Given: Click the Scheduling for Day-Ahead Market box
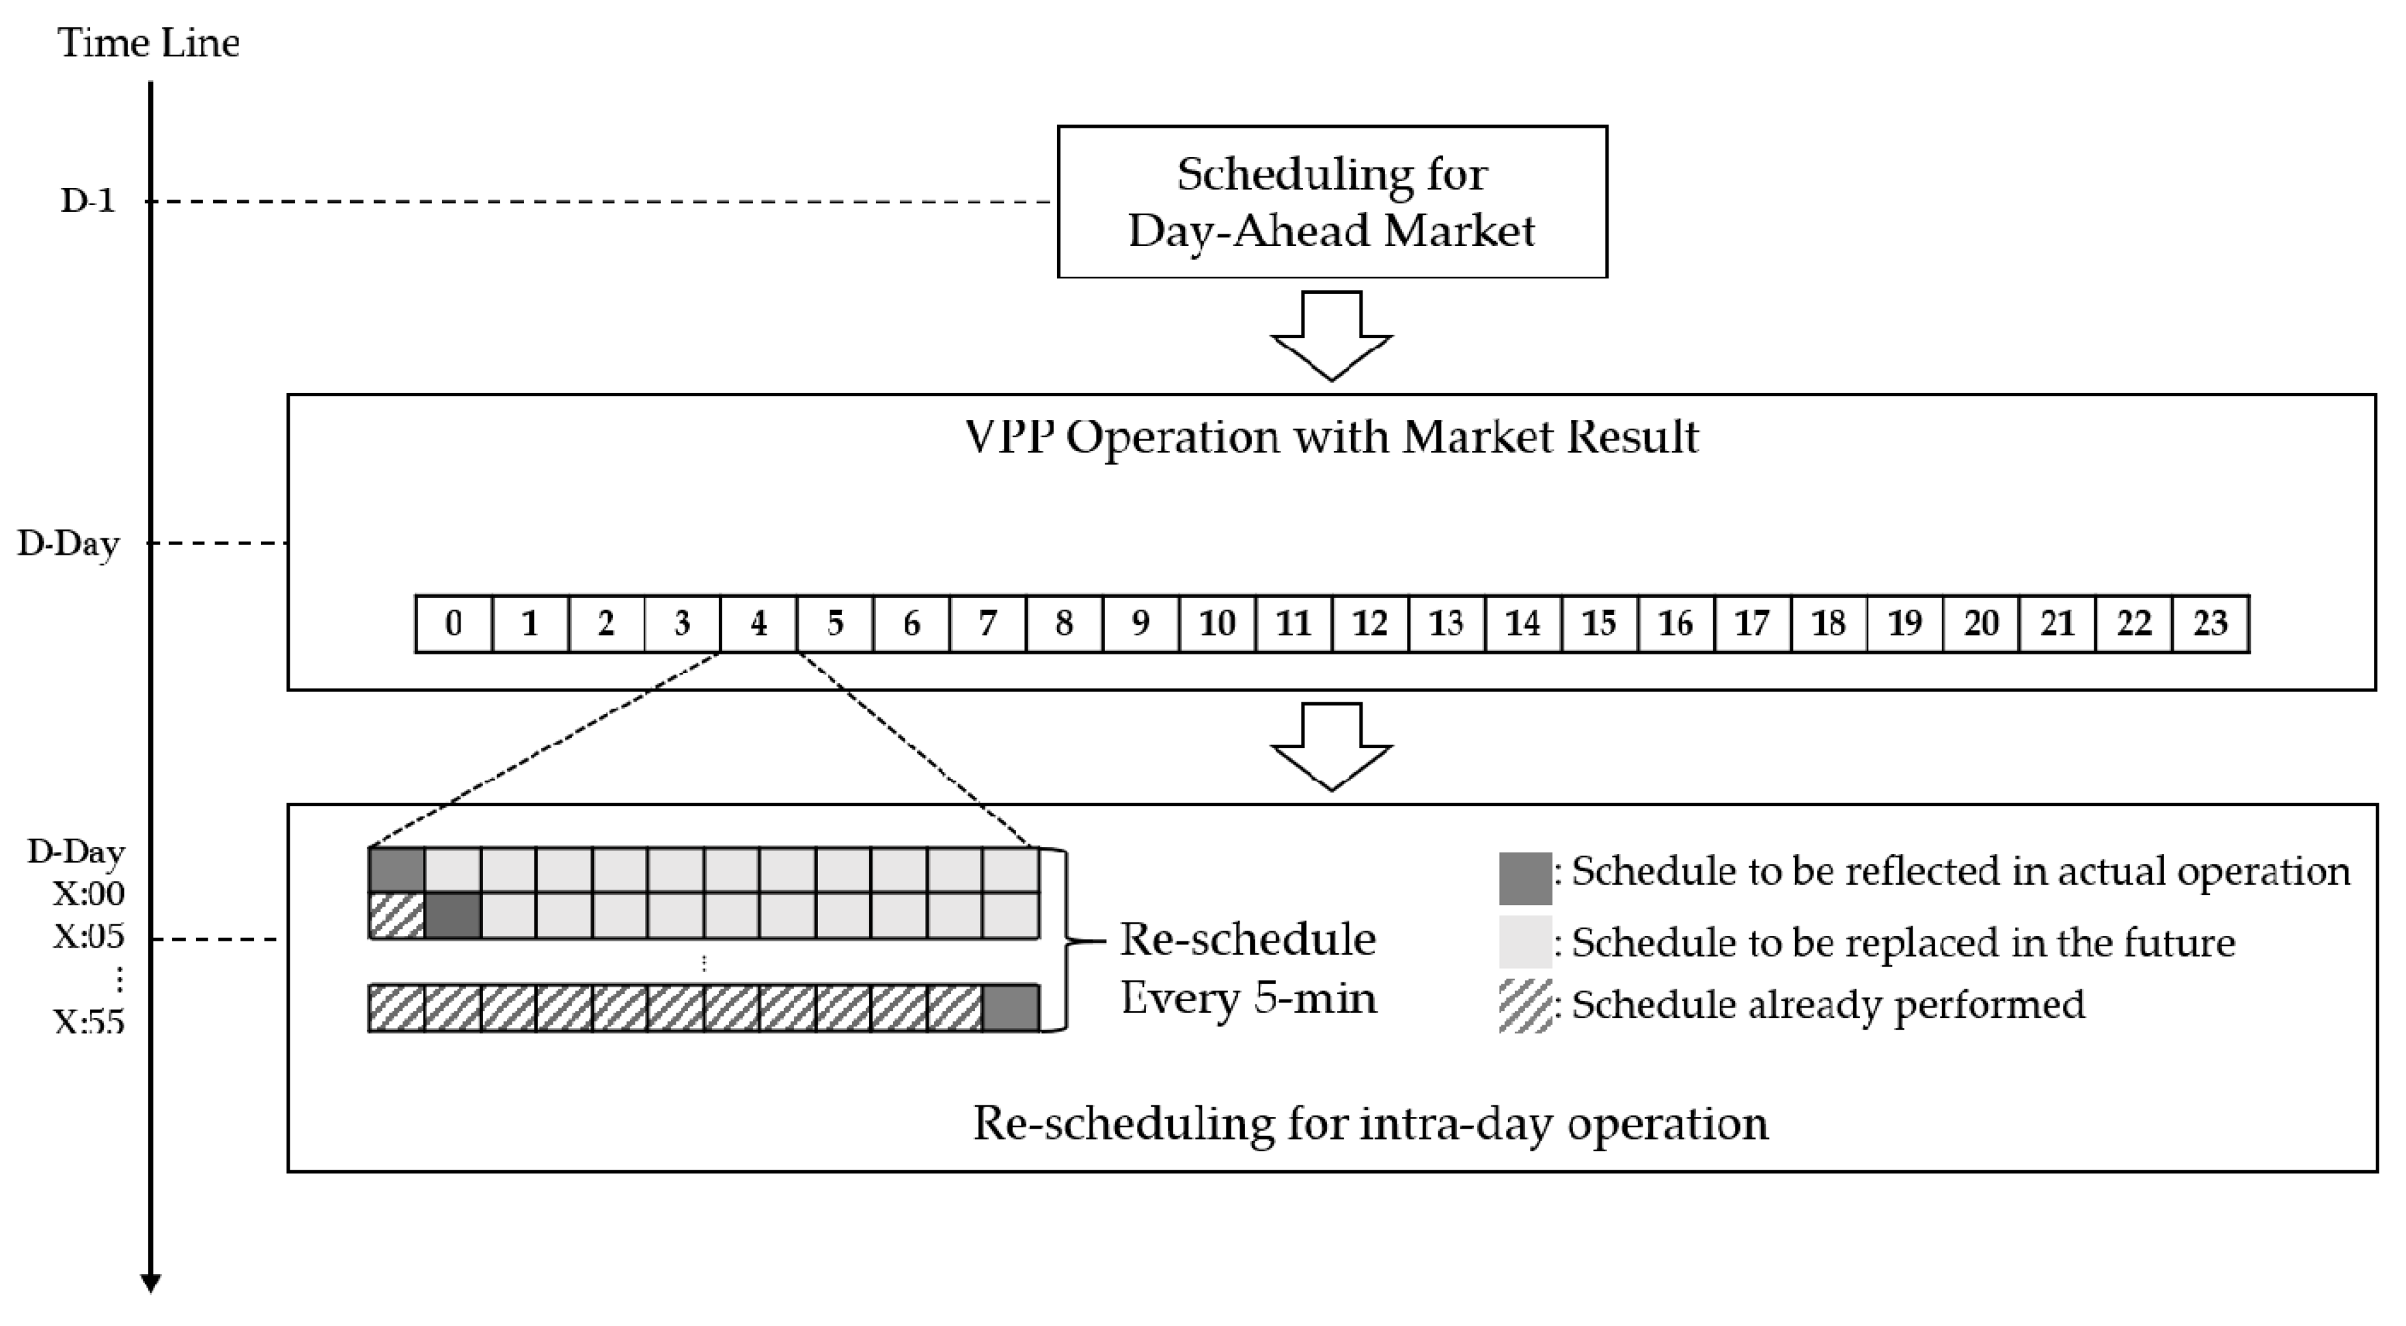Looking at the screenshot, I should pyautogui.click(x=1331, y=202).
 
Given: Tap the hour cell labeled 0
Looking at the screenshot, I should pyautogui.click(x=453, y=623).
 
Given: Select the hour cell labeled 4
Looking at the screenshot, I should pyautogui.click(x=758, y=623).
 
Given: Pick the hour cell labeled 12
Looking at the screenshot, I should pyautogui.click(x=1369, y=623).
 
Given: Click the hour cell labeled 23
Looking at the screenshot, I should pyautogui.click(x=2210, y=623).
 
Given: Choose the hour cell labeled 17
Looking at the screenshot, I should pyautogui.click(x=1751, y=623).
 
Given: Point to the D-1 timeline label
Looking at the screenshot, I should pyautogui.click(x=87, y=201).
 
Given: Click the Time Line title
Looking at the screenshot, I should pyautogui.click(x=148, y=43).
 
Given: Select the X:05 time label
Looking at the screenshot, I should pyautogui.click(x=89, y=937).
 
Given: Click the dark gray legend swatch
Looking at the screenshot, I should pyautogui.click(x=1525, y=878).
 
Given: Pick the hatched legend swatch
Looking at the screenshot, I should pyautogui.click(x=1525, y=1006).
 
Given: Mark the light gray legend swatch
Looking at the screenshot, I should pyautogui.click(x=1525, y=941).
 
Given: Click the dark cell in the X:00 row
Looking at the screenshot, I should pyautogui.click(x=397, y=870).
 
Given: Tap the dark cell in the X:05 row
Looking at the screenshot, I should pyautogui.click(x=453, y=915).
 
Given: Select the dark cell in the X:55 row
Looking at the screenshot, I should pyautogui.click(x=1011, y=1008).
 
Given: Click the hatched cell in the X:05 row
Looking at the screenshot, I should pyautogui.click(x=397, y=915).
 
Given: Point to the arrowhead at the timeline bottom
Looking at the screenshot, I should pyautogui.click(x=150, y=1283).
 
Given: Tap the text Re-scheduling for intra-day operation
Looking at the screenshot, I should pyautogui.click(x=1370, y=1123).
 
